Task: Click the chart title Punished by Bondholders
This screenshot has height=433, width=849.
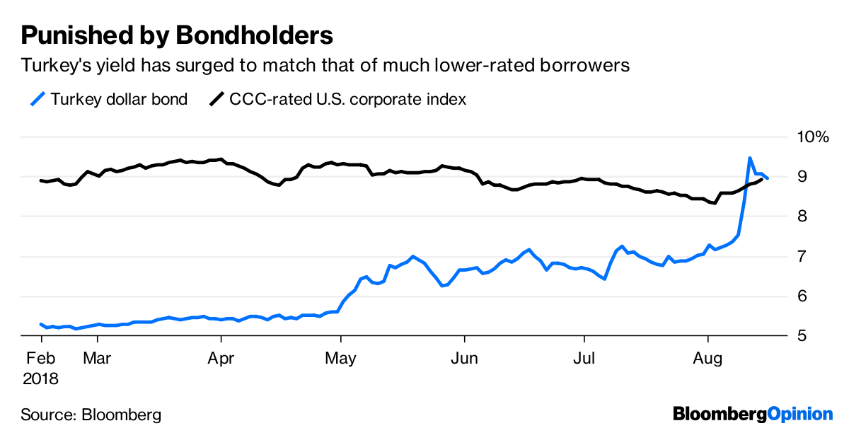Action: tap(177, 35)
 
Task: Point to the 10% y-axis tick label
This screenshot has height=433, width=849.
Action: tap(812, 137)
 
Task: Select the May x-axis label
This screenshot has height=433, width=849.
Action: tap(342, 359)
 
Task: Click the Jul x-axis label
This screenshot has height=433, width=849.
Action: tap(584, 359)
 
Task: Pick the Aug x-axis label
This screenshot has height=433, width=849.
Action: tap(707, 359)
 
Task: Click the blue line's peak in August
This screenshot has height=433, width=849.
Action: tap(749, 158)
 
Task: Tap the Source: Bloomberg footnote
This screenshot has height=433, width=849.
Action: tap(91, 414)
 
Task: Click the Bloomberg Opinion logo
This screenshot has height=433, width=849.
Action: tap(752, 413)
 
